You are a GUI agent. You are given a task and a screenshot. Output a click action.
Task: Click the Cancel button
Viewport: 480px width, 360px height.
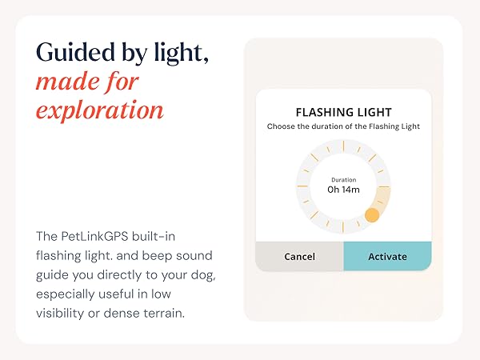[x=299, y=257]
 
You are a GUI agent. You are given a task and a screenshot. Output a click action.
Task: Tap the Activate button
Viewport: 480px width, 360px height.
[x=387, y=257]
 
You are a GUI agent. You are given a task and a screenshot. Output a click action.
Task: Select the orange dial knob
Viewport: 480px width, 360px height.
[x=371, y=214]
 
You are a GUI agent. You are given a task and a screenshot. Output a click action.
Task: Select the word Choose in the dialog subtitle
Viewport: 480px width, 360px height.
[x=282, y=126]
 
